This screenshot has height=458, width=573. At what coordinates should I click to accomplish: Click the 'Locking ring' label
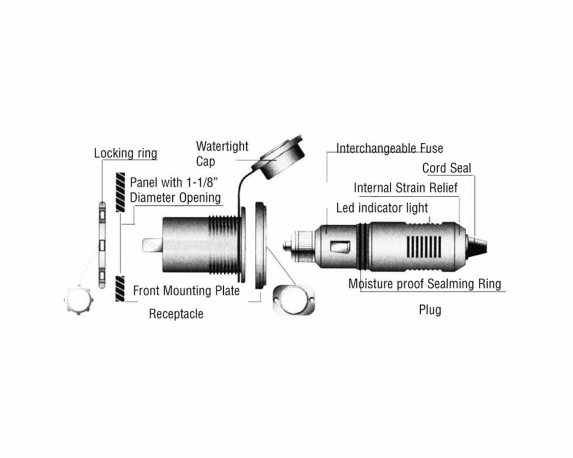[x=125, y=153]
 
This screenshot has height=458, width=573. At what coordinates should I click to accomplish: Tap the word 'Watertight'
[x=222, y=147]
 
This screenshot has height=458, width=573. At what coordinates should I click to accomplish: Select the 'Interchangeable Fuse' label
[x=389, y=149]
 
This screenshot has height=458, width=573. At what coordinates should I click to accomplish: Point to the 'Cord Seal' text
[x=447, y=168]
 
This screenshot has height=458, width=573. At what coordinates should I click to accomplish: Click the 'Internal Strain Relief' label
[x=405, y=188]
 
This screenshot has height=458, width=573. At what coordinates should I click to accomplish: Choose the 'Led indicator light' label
[x=382, y=208]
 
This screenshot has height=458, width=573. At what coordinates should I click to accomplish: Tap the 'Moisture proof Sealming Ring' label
[x=425, y=284]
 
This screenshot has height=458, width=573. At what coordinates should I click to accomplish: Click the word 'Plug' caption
[x=430, y=310]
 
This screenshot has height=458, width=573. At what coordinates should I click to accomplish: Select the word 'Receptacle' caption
[x=176, y=314]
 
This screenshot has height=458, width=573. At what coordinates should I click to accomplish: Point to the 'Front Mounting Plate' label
[x=186, y=291]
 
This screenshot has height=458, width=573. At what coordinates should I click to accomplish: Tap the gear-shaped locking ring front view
[x=79, y=300]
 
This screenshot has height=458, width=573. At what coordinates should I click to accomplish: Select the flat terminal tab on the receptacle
[x=152, y=245]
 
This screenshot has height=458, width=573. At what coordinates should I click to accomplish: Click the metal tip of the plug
[x=288, y=244]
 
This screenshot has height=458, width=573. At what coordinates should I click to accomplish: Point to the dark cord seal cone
[x=477, y=244]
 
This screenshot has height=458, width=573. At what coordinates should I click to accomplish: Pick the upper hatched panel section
[x=120, y=192]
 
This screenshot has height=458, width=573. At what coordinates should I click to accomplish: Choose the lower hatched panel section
[x=120, y=289]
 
